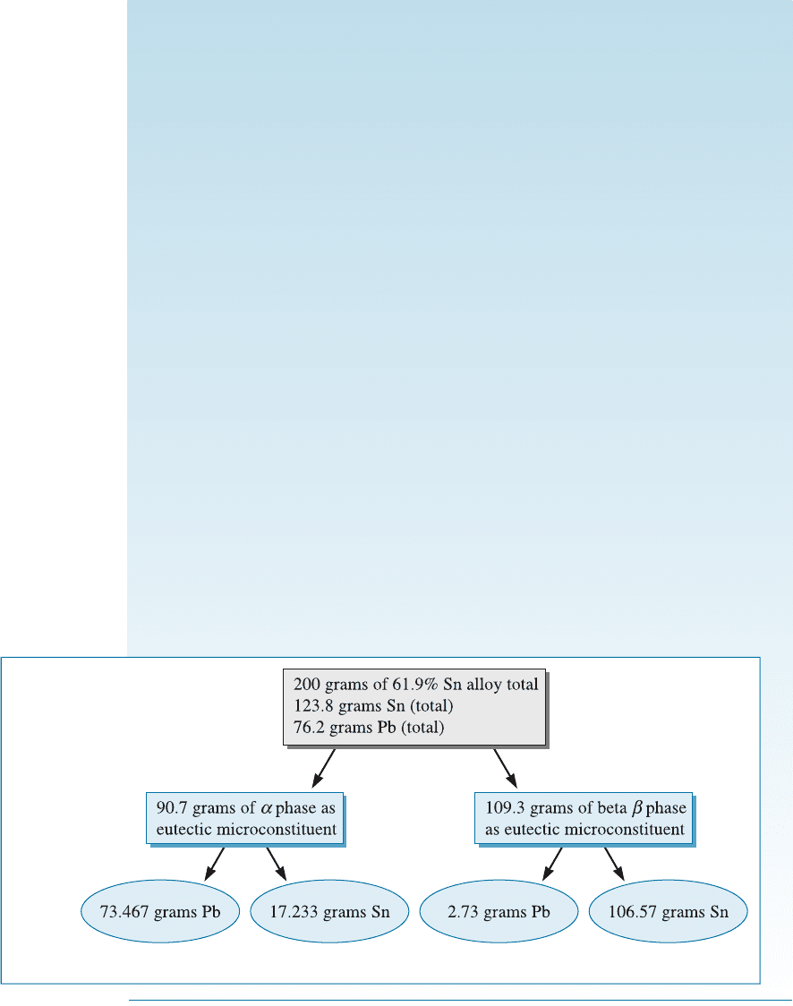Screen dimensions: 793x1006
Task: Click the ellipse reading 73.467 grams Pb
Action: [159, 911]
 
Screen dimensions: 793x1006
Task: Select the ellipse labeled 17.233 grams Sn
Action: [329, 911]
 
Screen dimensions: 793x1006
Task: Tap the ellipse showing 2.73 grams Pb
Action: [499, 911]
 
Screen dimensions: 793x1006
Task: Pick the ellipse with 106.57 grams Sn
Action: [668, 911]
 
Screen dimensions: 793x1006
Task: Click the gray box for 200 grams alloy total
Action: [414, 707]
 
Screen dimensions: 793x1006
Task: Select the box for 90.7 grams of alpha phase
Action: [245, 818]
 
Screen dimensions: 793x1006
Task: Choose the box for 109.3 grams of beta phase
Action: [584, 818]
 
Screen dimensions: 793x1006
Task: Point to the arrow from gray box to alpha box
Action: [324, 768]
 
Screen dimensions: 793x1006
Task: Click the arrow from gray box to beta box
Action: [505, 768]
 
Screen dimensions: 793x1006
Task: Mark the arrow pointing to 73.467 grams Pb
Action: [214, 864]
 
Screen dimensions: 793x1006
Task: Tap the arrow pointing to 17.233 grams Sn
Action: [276, 864]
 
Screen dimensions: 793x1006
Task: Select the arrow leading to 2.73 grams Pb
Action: [552, 864]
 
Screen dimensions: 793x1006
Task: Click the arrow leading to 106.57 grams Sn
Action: [614, 864]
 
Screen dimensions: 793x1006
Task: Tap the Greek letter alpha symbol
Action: [266, 808]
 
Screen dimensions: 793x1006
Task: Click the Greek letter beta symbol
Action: [637, 808]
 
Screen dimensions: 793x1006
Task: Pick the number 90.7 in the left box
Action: [172, 807]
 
